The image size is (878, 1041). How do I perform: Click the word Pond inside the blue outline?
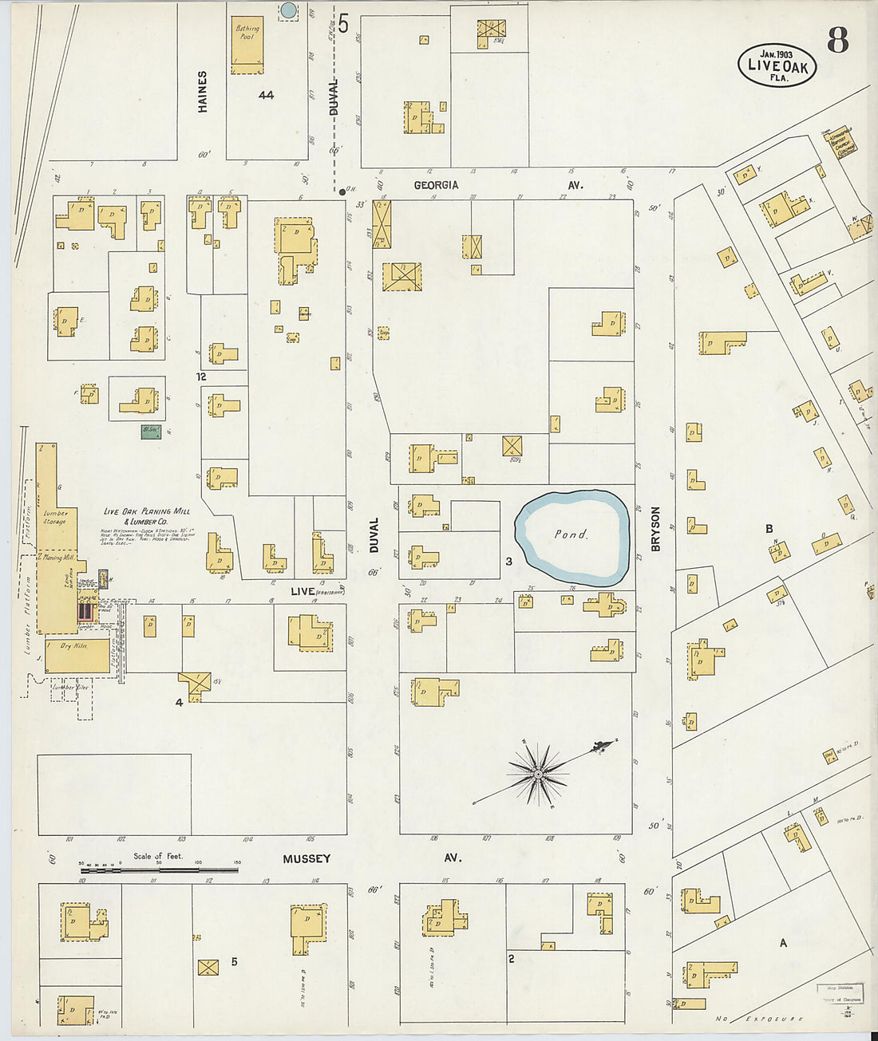point(571,534)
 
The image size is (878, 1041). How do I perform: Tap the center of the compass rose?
point(539,773)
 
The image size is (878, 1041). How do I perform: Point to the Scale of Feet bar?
point(159,869)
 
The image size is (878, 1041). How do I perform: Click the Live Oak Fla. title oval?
point(777,65)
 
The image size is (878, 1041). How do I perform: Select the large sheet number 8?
point(837,39)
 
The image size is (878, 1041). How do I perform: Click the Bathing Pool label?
point(247,33)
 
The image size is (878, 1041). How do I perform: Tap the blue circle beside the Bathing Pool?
point(289,10)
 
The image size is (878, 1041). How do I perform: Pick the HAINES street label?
point(203,91)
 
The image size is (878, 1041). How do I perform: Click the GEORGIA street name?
point(436,185)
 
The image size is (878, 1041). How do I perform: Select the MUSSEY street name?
point(307,858)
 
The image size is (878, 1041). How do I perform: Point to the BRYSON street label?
point(656,528)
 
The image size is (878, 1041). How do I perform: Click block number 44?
point(266,95)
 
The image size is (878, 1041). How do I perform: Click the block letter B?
point(769,529)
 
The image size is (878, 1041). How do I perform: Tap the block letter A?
point(783,943)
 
